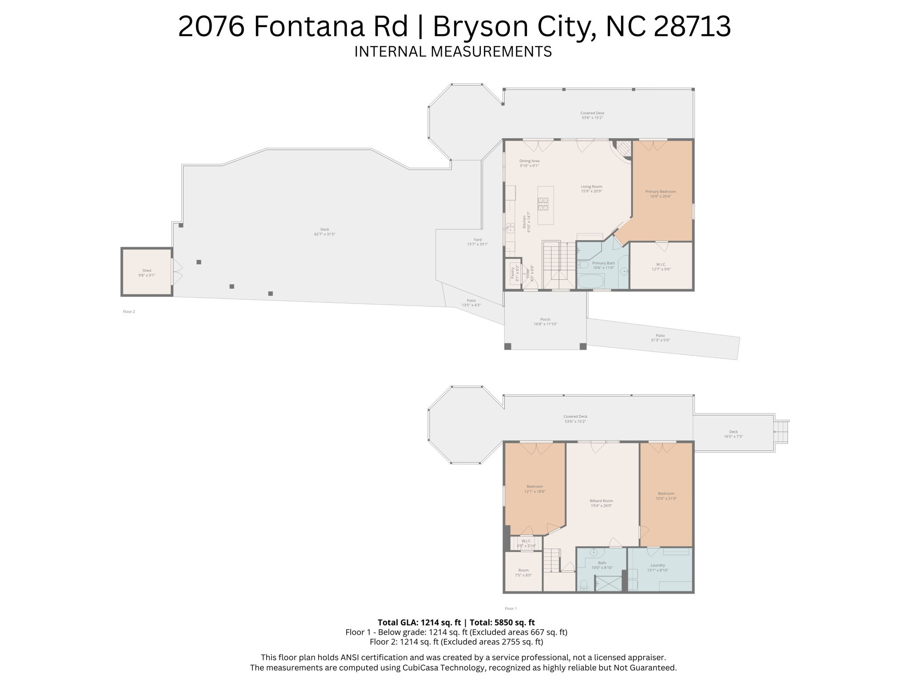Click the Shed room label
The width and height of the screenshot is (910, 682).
(x=147, y=270)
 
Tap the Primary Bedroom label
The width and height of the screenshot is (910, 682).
(x=660, y=192)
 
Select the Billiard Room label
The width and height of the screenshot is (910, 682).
(x=601, y=501)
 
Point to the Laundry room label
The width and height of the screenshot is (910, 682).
(x=658, y=565)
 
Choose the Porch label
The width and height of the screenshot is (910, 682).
(x=545, y=319)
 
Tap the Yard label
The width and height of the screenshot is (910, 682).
(x=477, y=240)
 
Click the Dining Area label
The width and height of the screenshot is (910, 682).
(x=529, y=161)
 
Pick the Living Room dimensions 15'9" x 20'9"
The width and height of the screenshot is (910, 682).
(x=591, y=191)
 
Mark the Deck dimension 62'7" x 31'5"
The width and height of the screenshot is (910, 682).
(x=324, y=234)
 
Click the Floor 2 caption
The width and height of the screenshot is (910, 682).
(x=129, y=312)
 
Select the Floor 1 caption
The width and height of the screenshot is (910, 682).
(x=511, y=608)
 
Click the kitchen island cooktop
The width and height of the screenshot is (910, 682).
(x=543, y=204)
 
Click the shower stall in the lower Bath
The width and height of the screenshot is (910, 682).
(x=608, y=583)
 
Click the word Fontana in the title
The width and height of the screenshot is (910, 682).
(x=331, y=26)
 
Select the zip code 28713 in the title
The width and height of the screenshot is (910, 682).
(x=692, y=26)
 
